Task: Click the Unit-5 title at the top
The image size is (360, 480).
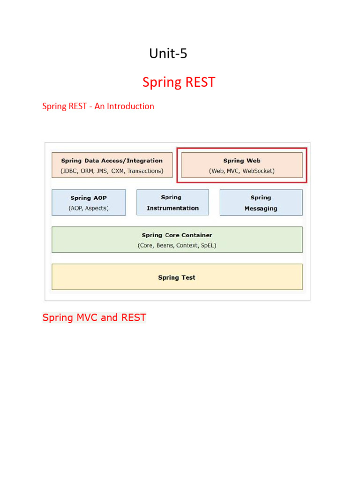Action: pos(168,54)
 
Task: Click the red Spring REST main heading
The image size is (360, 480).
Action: pos(179,82)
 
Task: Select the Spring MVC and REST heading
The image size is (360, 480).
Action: pos(94,318)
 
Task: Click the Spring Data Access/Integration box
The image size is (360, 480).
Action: pos(112,165)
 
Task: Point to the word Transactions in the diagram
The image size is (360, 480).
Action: pos(145,171)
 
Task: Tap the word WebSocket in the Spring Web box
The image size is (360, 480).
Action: pos(258,171)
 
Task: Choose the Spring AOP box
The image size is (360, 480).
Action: pos(89,202)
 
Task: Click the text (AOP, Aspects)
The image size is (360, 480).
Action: pos(89,208)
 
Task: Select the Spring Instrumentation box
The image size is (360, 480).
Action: pos(172,202)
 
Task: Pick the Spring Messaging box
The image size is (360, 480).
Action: pos(261,202)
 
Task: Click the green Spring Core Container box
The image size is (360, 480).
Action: pos(177,240)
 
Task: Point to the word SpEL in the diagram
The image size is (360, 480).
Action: pos(208,245)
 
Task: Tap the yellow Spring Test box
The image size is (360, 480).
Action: pos(177,277)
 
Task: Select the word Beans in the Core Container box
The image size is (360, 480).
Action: pos(165,245)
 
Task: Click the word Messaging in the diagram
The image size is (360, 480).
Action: pos(261,209)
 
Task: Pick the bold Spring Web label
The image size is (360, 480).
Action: pos(241,161)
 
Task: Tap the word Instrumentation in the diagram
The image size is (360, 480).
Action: pos(172,208)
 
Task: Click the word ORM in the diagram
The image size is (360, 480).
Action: pos(87,171)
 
